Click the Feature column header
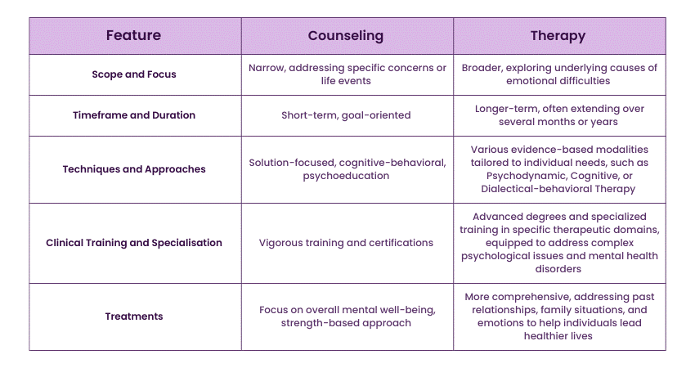point(133,36)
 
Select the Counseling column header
point(347,36)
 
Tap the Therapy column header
point(558,36)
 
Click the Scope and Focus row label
point(133,74)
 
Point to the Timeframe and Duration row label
point(133,115)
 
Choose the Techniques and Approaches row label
point(133,169)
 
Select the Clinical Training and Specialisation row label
point(133,242)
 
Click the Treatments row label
point(133,316)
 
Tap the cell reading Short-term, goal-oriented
point(347,115)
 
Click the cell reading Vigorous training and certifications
point(347,242)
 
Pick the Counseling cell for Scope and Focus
point(347,74)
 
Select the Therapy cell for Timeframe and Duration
point(559,115)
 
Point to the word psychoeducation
point(347,176)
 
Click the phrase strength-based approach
point(347,322)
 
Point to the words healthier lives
point(559,335)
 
